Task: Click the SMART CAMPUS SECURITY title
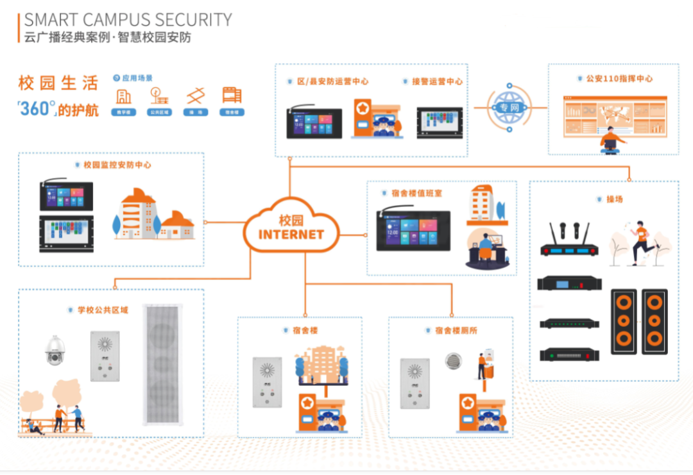128,19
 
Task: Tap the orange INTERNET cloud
291,227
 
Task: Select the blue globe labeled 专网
509,107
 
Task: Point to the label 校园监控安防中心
117,165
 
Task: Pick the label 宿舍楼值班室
416,193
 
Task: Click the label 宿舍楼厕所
456,330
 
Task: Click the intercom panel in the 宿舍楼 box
267,382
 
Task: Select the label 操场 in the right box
614,199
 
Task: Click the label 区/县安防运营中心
332,81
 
